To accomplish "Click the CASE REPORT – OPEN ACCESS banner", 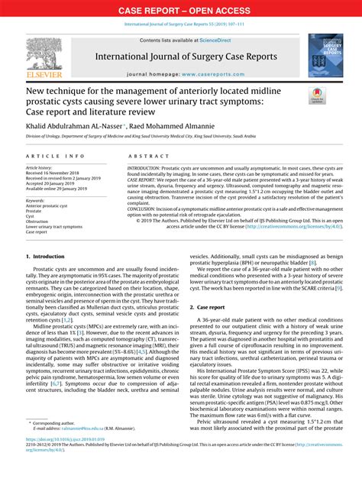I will pos(180,11).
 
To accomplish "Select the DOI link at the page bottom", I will pos(66,461).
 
